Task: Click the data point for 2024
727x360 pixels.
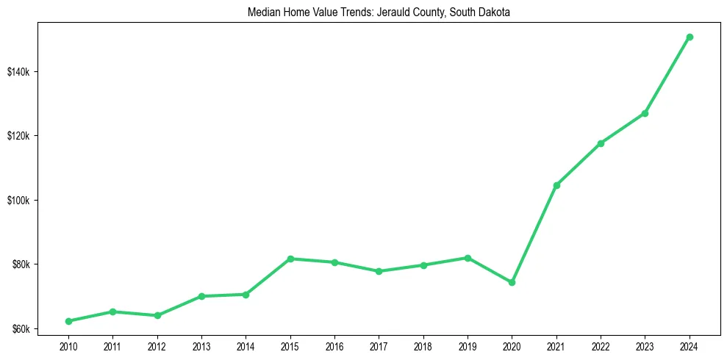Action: tap(690, 37)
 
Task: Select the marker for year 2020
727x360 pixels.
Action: tap(512, 282)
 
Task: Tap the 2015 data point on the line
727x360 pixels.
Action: tap(290, 259)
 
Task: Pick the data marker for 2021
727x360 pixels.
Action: tap(556, 185)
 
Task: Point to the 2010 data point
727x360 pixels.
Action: tap(68, 321)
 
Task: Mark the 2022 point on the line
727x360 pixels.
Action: tap(601, 143)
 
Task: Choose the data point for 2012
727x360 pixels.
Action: tap(157, 315)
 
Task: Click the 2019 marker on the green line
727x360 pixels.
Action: tap(468, 258)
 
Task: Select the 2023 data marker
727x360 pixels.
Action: tap(645, 113)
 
